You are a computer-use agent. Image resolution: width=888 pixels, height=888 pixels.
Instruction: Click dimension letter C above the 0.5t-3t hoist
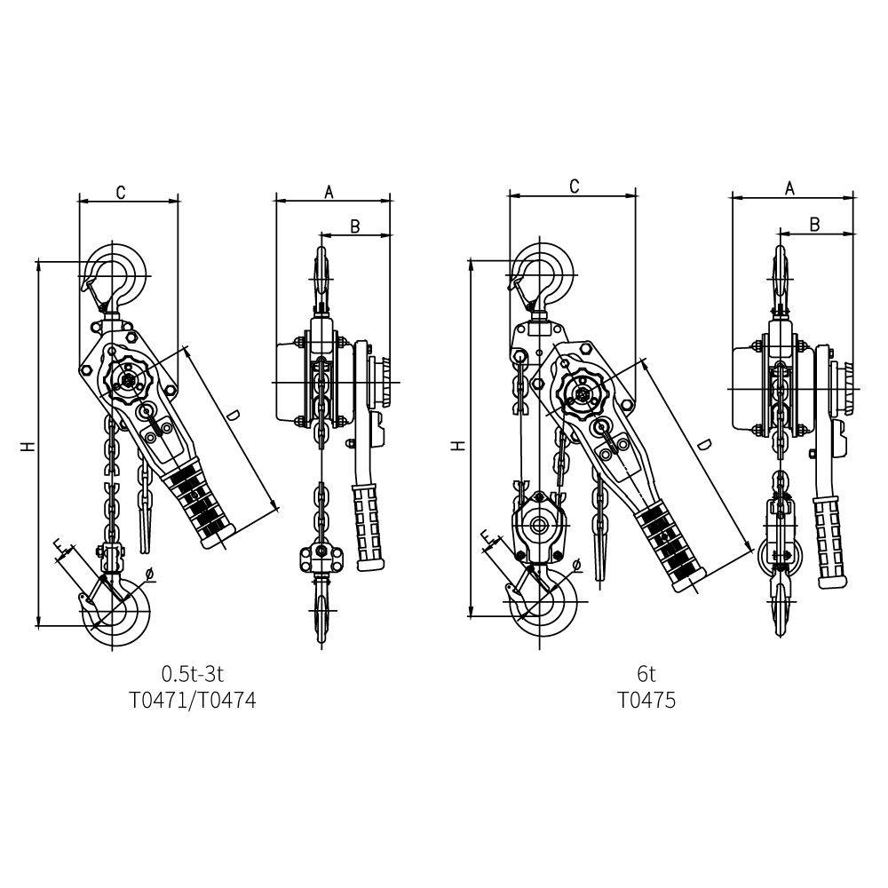coord(121,193)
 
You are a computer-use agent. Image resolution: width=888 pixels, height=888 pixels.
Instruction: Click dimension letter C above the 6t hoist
coord(574,186)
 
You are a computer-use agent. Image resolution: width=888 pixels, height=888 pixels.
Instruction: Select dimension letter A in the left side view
coord(329,193)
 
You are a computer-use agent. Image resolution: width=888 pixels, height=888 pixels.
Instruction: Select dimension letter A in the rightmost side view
coord(790,188)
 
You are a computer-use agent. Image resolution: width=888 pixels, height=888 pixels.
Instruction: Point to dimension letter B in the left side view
coord(355,226)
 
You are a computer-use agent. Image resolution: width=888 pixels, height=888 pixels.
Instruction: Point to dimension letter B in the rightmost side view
coord(814,225)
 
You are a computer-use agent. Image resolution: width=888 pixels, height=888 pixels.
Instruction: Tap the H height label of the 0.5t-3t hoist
coord(28,447)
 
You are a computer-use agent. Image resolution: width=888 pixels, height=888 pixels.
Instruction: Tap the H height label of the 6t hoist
coord(459,445)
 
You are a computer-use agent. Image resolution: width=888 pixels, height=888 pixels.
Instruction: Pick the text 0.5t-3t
coord(193,674)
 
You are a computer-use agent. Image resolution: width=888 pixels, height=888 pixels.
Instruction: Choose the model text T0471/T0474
coord(193,701)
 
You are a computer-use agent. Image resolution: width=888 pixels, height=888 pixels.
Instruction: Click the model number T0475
coord(646,701)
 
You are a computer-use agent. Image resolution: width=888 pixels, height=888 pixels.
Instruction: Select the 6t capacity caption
coord(646,674)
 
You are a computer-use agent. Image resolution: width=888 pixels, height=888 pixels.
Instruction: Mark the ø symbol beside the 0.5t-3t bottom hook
coord(149,575)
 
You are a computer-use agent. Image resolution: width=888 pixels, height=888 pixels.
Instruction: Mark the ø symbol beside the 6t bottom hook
coord(576,564)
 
